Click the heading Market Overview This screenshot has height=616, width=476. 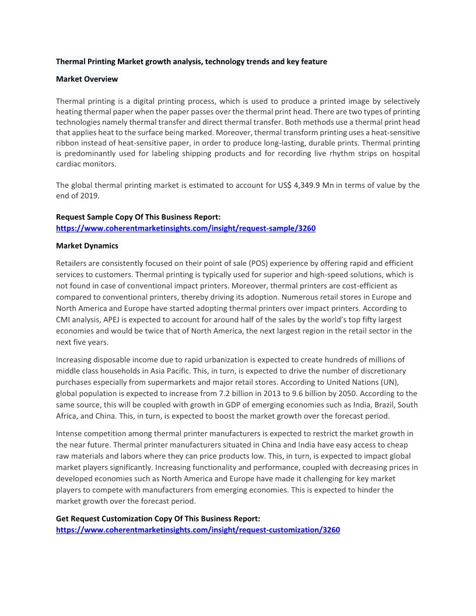[x=87, y=79]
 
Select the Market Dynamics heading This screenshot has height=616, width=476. [x=87, y=246]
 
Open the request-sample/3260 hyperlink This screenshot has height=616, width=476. [x=185, y=228]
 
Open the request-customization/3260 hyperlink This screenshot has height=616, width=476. [x=198, y=530]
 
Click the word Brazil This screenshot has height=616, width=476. [x=373, y=404]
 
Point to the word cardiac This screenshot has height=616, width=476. [x=69, y=164]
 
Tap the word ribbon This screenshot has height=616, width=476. [x=68, y=143]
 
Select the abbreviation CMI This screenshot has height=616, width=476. [x=64, y=320]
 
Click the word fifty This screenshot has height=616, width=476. [x=338, y=320]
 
